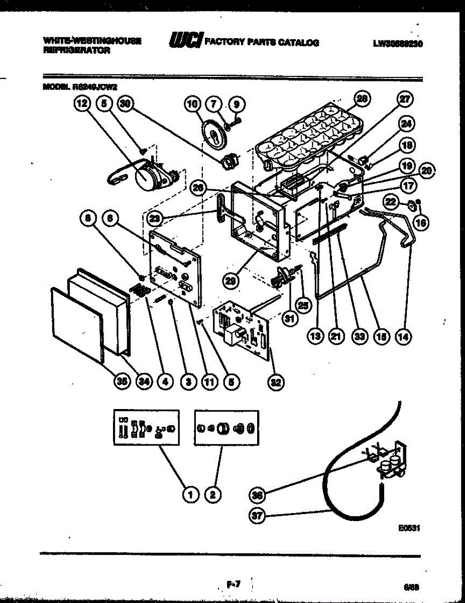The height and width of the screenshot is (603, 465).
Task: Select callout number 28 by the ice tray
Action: [361, 99]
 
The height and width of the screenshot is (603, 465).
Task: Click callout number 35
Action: [121, 381]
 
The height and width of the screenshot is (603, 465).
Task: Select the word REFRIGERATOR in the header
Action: [76, 50]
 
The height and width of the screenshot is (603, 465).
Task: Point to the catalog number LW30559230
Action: [397, 43]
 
